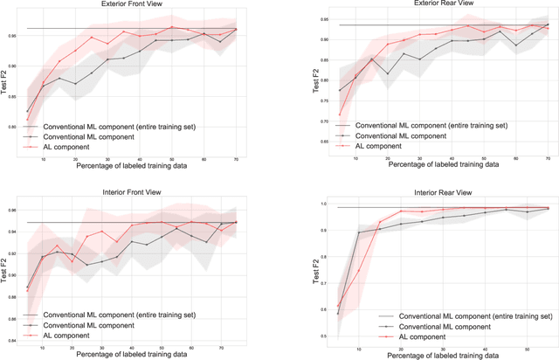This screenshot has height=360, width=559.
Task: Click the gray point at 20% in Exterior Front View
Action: click(75, 84)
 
